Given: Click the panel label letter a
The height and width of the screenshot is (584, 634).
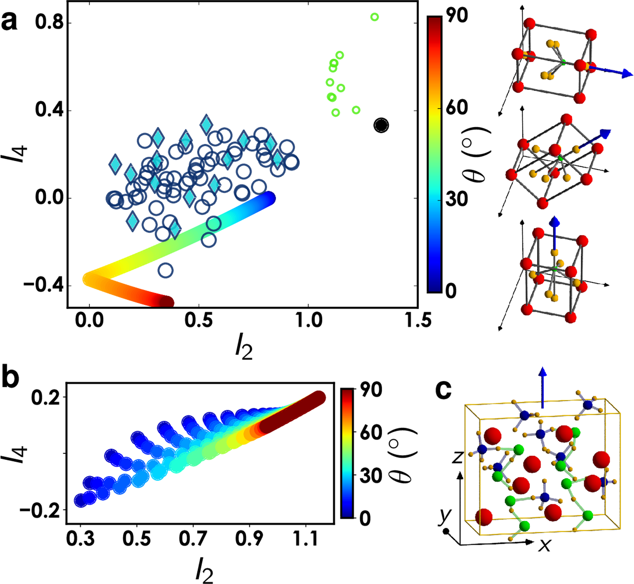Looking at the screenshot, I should tap(9, 21).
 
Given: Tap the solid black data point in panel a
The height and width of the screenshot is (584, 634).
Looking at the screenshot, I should tap(381, 125).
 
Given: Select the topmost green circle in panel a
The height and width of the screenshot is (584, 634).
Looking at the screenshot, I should tap(374, 17).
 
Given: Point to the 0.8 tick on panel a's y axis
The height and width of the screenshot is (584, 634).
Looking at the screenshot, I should tap(49, 22).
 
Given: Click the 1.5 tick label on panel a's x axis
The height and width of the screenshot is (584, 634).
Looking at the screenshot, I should tap(418, 320).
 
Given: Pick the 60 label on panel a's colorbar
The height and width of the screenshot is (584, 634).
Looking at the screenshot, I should tap(457, 107).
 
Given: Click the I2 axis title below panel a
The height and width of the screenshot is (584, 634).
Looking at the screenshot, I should tap(244, 349).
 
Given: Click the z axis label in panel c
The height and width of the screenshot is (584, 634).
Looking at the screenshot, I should tap(457, 457).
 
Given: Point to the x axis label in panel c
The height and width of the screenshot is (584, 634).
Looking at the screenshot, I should tap(545, 545).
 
